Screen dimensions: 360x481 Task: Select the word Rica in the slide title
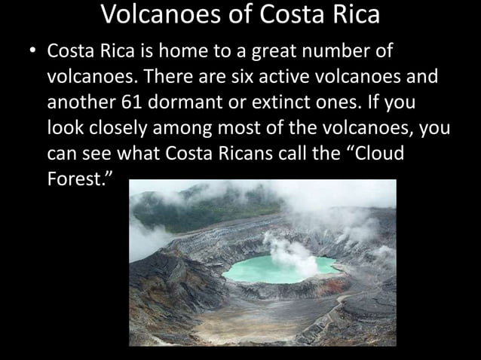click(351, 14)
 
